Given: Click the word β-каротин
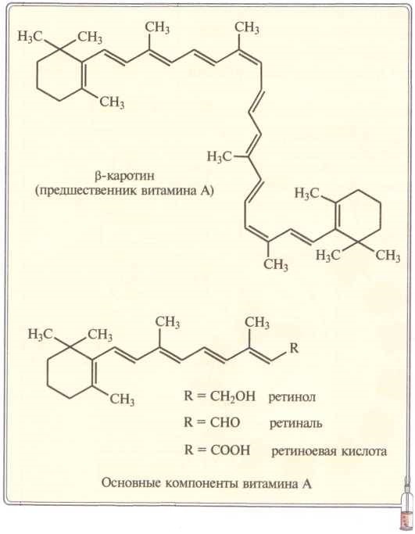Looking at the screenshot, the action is (124, 176).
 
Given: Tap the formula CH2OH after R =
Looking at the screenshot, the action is (233, 396).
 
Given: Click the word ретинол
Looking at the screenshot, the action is (292, 397).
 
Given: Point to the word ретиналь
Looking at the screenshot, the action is (295, 424).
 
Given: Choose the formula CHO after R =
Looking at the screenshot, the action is (225, 423).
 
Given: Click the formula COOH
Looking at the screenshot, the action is (230, 450).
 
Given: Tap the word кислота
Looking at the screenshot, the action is (365, 452).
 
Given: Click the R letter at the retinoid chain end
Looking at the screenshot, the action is (293, 348).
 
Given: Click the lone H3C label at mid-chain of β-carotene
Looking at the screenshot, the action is (220, 157).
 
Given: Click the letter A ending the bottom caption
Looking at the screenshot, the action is (306, 483).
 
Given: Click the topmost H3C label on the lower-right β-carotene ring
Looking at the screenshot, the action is (306, 193).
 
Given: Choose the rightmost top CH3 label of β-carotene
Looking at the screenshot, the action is (247, 27).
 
